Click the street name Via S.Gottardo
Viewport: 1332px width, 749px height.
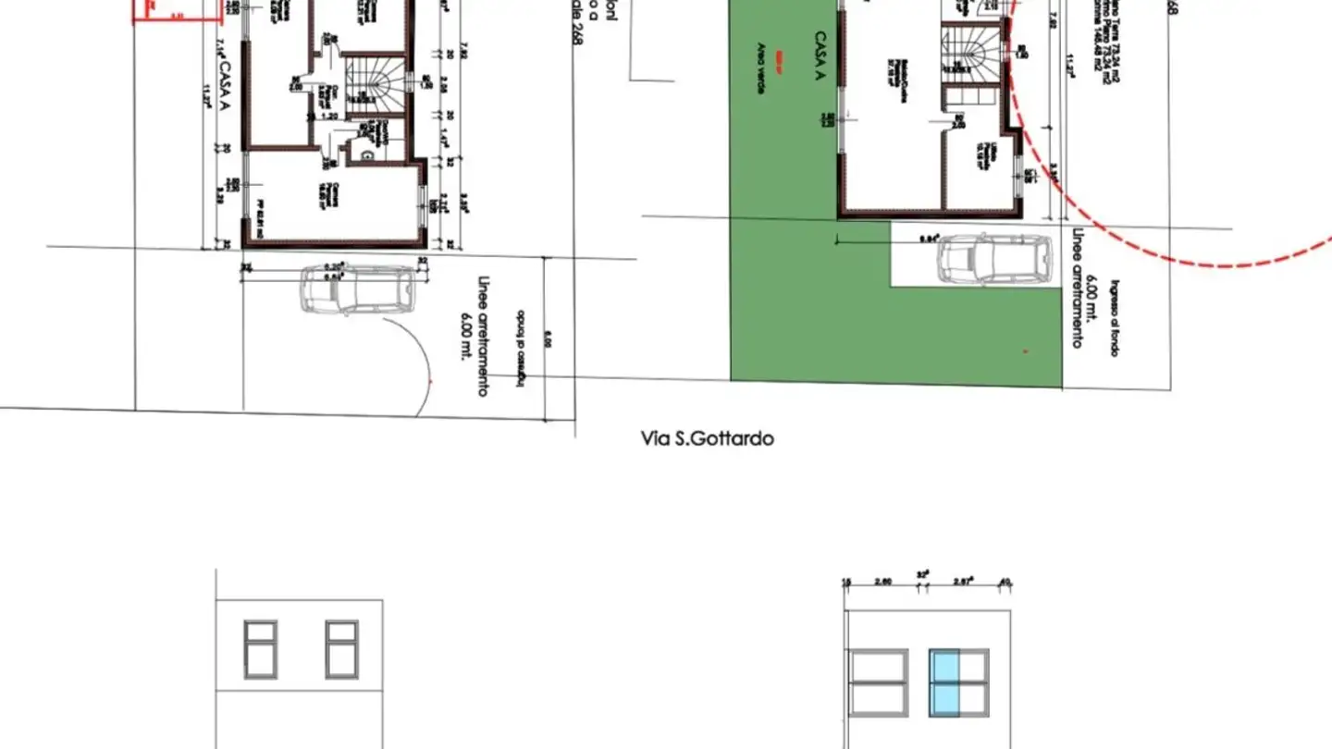coord(707,438)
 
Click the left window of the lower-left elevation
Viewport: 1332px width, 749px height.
coord(261,649)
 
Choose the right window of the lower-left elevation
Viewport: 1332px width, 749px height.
coord(341,649)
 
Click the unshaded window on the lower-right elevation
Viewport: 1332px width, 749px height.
coord(879,682)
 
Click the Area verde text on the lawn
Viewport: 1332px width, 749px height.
coord(761,70)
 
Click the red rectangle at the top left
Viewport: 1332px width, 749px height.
coord(178,10)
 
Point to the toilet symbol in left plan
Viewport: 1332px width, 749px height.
coord(367,156)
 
